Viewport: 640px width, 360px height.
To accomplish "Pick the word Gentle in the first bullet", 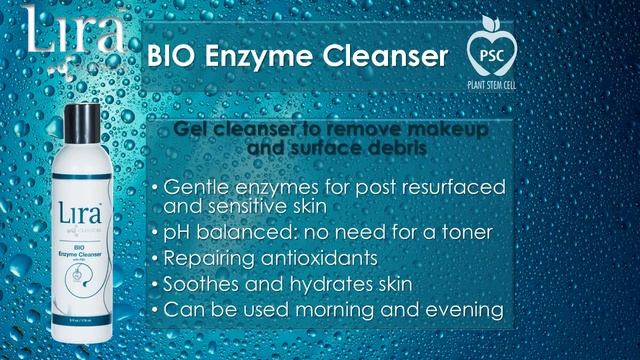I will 199,188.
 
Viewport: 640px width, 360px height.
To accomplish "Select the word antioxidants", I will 323,258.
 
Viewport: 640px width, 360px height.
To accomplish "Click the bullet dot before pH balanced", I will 154,233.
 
